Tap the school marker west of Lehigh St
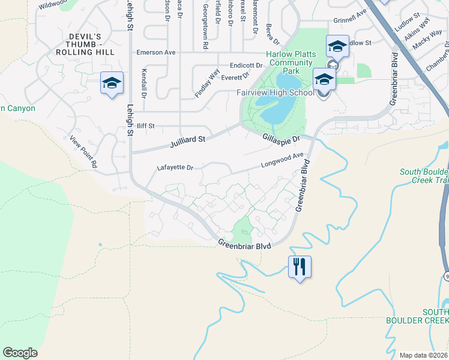(x=112, y=83)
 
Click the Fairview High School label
(x=276, y=93)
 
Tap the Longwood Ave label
(x=282, y=160)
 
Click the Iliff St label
(x=146, y=126)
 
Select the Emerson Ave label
(x=156, y=52)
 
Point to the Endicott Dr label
(x=246, y=65)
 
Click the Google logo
(x=20, y=353)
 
